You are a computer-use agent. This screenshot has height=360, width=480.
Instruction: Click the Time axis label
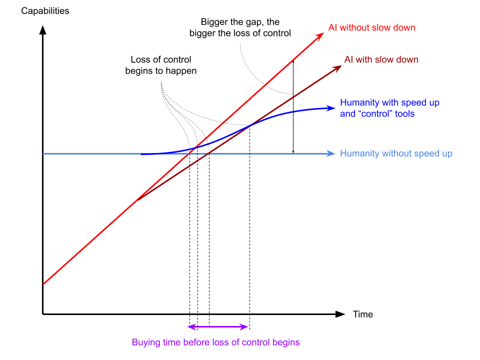point(363,314)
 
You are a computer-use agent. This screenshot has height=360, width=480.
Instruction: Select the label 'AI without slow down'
point(371,27)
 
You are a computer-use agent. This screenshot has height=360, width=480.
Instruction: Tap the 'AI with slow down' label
point(381,60)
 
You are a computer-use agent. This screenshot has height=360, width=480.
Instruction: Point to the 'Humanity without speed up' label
point(396,153)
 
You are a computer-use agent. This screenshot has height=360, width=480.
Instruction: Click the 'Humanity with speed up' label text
point(389,103)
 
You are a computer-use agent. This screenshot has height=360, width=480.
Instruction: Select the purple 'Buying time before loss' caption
point(215,342)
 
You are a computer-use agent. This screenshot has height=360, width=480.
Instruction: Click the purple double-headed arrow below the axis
point(218,327)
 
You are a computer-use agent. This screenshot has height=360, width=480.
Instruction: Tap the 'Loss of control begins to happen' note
point(160,65)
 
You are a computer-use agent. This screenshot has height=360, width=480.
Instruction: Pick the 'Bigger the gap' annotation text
point(240,27)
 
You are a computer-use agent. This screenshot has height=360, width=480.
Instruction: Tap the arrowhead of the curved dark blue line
point(330,107)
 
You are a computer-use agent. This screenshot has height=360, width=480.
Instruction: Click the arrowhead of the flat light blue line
point(331,153)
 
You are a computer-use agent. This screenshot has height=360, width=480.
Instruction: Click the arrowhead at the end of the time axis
point(340,314)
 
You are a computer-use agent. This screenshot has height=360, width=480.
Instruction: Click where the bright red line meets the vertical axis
point(43,284)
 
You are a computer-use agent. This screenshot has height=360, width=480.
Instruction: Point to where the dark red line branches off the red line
point(136,201)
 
